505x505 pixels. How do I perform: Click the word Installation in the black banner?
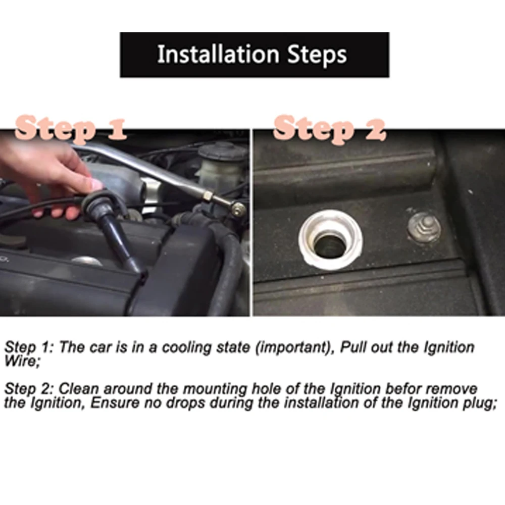click(218, 54)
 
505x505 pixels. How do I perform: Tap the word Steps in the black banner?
click(317, 55)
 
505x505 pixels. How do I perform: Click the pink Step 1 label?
click(71, 129)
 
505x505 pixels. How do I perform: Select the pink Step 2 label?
click(329, 129)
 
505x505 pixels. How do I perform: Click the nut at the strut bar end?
click(239, 210)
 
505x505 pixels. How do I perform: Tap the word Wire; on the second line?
click(22, 361)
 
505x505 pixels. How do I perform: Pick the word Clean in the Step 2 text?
click(79, 389)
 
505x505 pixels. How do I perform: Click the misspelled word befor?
click(404, 389)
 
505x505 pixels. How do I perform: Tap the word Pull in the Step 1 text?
click(353, 347)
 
